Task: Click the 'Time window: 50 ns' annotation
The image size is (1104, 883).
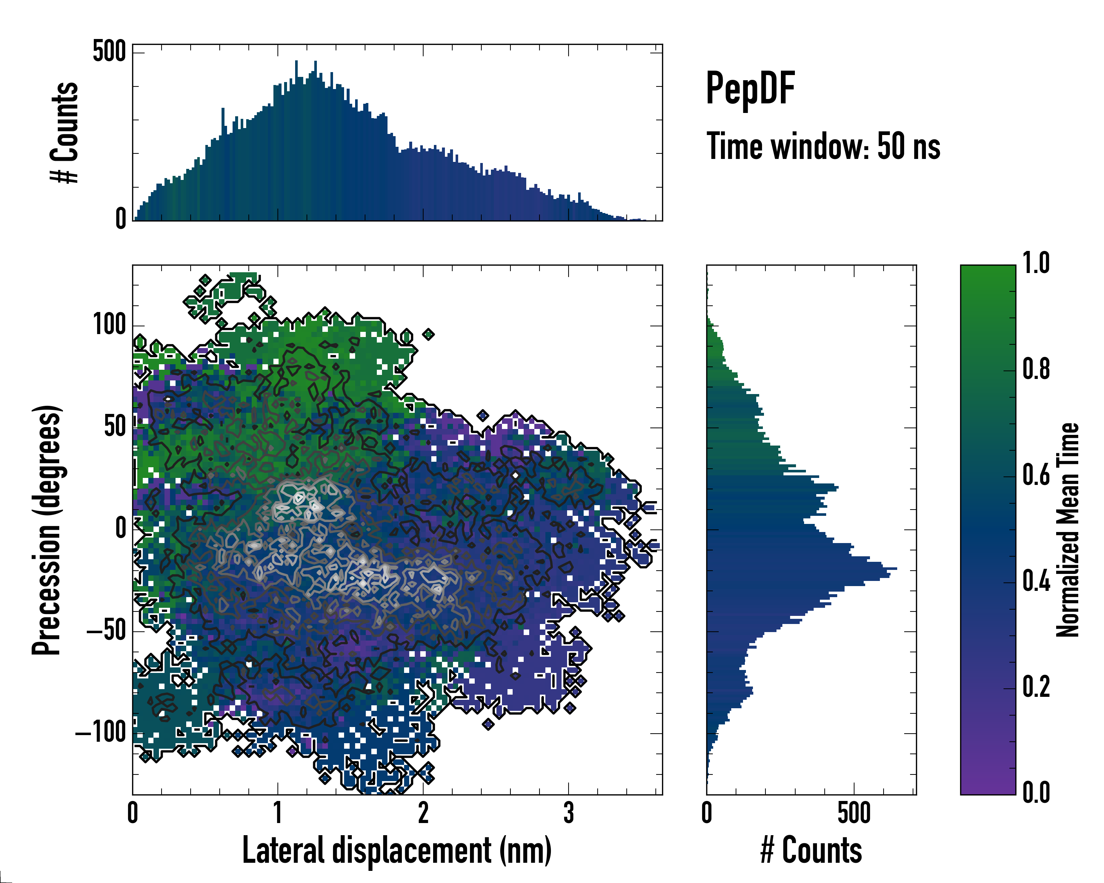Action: pos(823,147)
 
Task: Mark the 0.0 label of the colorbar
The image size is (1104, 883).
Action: pos(1036,792)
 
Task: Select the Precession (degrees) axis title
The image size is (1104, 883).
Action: pos(47,529)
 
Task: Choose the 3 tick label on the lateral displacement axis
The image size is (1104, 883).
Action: pos(569,813)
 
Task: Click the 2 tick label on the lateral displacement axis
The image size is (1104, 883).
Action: pos(423,813)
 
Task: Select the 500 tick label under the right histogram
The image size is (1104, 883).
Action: pos(854,813)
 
